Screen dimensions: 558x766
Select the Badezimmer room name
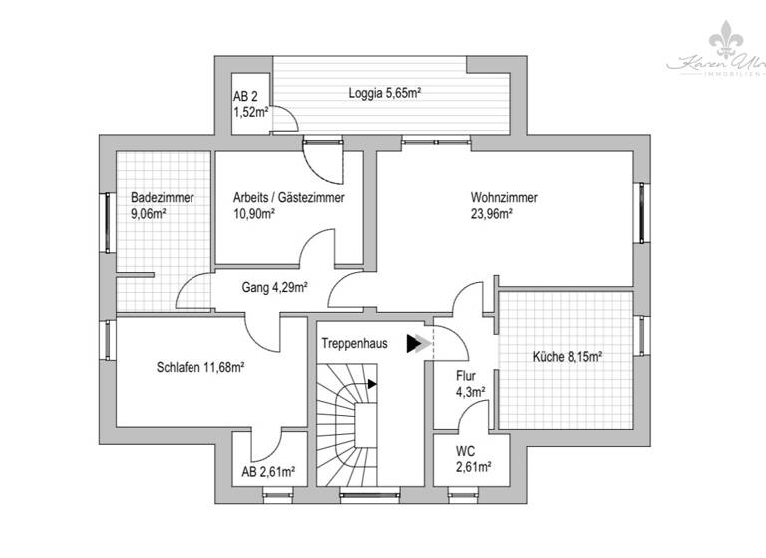(x=162, y=197)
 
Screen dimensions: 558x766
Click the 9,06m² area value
(x=148, y=213)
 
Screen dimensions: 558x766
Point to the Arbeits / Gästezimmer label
(x=289, y=197)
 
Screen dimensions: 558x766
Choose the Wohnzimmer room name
(x=504, y=197)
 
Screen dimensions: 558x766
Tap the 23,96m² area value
(x=492, y=213)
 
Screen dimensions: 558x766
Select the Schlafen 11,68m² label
(x=200, y=367)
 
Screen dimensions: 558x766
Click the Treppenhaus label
(x=354, y=342)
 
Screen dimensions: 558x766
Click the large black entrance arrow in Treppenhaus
(x=414, y=344)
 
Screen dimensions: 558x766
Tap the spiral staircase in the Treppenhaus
(x=347, y=423)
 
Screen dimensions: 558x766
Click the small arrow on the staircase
(x=372, y=382)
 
